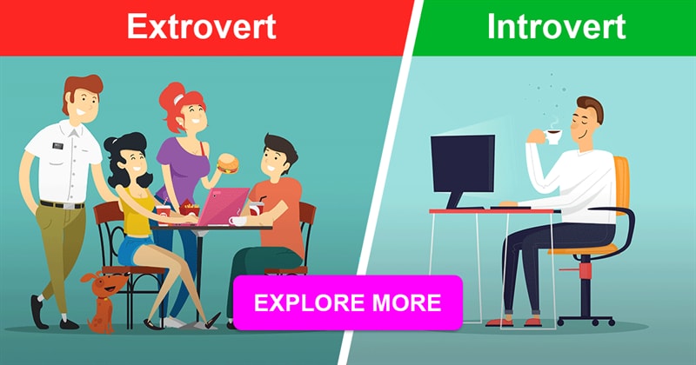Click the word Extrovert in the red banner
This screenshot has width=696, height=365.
point(202,27)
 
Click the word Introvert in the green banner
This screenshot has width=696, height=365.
point(557,27)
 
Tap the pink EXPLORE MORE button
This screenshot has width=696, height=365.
point(347,302)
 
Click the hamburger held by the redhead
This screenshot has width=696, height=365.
point(228,163)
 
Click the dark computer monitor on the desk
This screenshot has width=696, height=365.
point(463,164)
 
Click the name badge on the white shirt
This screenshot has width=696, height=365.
point(57,146)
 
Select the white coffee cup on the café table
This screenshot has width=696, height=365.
point(238,221)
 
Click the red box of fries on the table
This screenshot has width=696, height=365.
point(189,209)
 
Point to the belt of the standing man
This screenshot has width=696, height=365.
point(62,205)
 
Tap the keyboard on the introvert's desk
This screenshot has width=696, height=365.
point(511,207)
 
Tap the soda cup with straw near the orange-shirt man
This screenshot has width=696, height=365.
point(256,206)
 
